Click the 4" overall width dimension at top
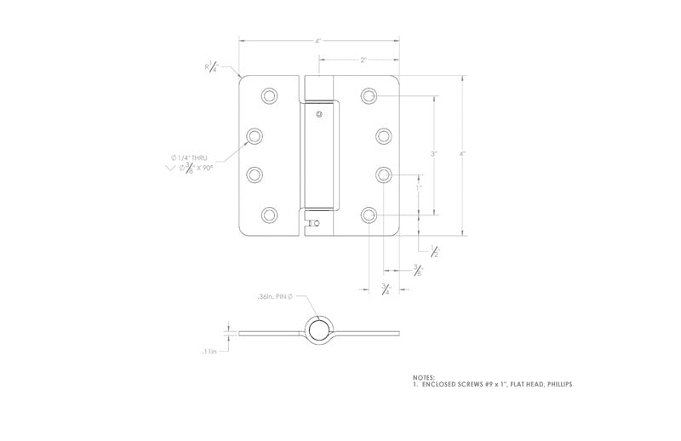318,40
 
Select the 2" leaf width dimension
363,60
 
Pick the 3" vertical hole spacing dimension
433,154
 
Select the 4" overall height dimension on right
462,154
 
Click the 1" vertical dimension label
418,186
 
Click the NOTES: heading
423,377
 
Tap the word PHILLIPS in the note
554,385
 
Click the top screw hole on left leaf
270,95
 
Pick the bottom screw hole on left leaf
270,215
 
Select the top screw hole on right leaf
369,95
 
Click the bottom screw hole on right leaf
369,215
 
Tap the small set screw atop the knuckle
318,114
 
